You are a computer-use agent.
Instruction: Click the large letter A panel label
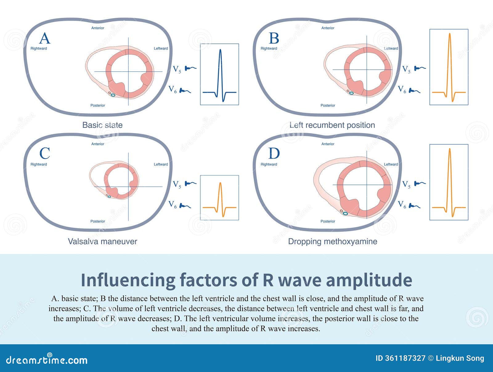(x=44, y=38)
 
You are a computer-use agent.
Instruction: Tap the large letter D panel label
(x=274, y=153)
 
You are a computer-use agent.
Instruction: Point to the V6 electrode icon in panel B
(x=414, y=91)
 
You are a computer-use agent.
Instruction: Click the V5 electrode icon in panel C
(x=190, y=184)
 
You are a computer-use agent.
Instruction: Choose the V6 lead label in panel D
(x=402, y=204)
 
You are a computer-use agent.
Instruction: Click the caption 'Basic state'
(x=102, y=125)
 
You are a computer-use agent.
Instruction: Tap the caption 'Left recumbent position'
(x=332, y=125)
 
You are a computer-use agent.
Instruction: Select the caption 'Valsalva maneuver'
(x=102, y=241)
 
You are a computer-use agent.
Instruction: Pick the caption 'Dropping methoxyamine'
(x=333, y=241)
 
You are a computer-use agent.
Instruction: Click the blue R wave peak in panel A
(x=220, y=50)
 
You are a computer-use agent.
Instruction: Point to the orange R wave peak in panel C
(x=220, y=183)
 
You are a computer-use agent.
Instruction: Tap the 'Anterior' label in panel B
(x=328, y=28)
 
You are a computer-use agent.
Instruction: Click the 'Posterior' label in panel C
(x=98, y=221)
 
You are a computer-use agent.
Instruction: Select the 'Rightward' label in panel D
(x=269, y=164)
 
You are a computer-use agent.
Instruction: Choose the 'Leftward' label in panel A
(x=161, y=48)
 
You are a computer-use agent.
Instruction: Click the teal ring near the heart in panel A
(x=113, y=95)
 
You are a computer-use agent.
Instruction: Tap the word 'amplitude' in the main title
(x=369, y=280)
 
